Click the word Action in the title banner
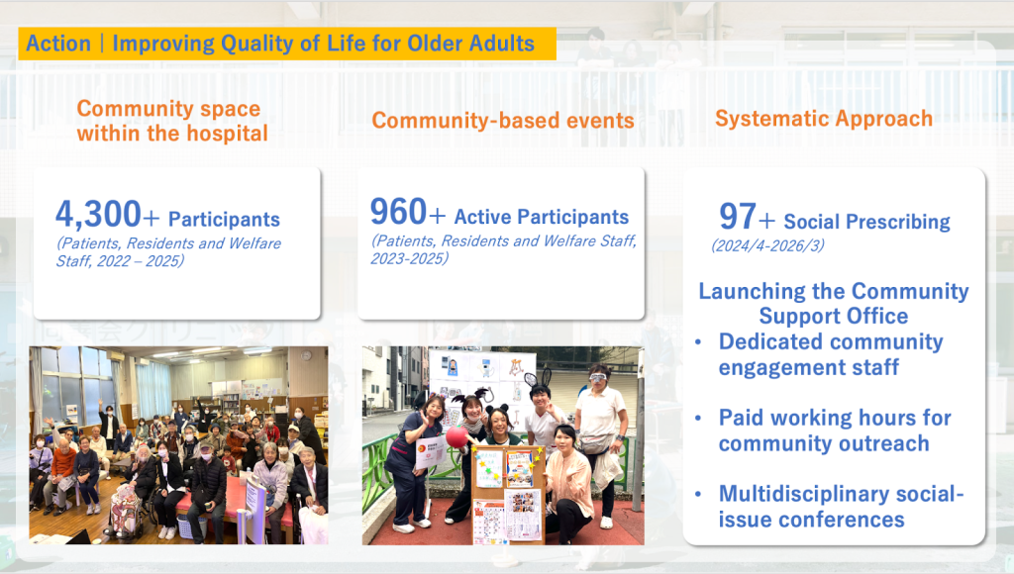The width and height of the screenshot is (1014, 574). coord(58,44)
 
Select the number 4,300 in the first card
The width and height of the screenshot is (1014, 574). coord(98,214)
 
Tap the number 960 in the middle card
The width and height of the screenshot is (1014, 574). coord(398,212)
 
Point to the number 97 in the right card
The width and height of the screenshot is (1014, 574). coord(737,216)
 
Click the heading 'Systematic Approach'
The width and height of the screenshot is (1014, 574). coord(824,119)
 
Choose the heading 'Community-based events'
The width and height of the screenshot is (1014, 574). coord(503,120)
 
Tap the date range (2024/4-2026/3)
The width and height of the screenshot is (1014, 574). coord(767,245)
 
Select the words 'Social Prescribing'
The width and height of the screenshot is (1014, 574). coord(866,222)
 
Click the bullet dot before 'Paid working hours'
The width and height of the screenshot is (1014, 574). coord(698,419)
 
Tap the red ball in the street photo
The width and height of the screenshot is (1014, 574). coord(457,436)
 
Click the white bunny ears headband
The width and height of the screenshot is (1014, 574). coord(540,377)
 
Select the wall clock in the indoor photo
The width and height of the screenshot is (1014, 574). coord(306,355)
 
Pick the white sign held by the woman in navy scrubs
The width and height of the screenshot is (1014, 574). coord(430,452)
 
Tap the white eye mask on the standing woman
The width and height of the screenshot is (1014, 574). coord(598,377)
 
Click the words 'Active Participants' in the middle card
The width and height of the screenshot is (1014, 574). coord(542,217)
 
